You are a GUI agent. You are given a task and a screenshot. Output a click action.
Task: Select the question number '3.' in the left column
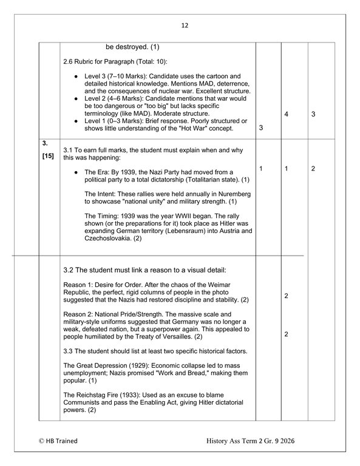(45, 144)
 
